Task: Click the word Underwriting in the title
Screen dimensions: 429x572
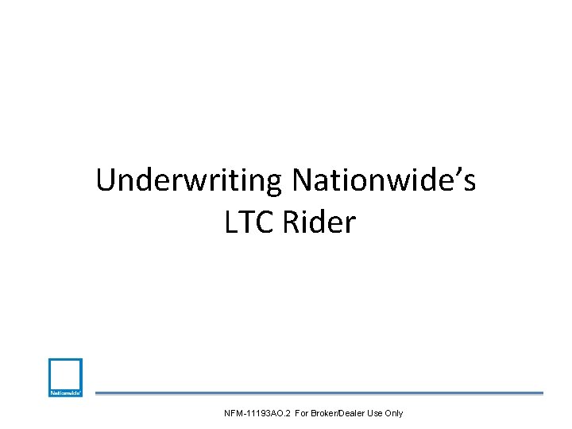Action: click(x=190, y=182)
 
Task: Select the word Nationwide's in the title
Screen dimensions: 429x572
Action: click(x=384, y=182)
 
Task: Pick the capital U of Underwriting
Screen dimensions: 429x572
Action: click(x=106, y=182)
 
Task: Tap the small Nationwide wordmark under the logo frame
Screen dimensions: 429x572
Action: click(x=65, y=392)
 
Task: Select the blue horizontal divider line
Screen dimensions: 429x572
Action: click(x=319, y=392)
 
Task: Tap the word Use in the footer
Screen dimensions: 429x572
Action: click(x=375, y=413)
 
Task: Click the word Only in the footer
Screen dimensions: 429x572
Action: click(x=395, y=413)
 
